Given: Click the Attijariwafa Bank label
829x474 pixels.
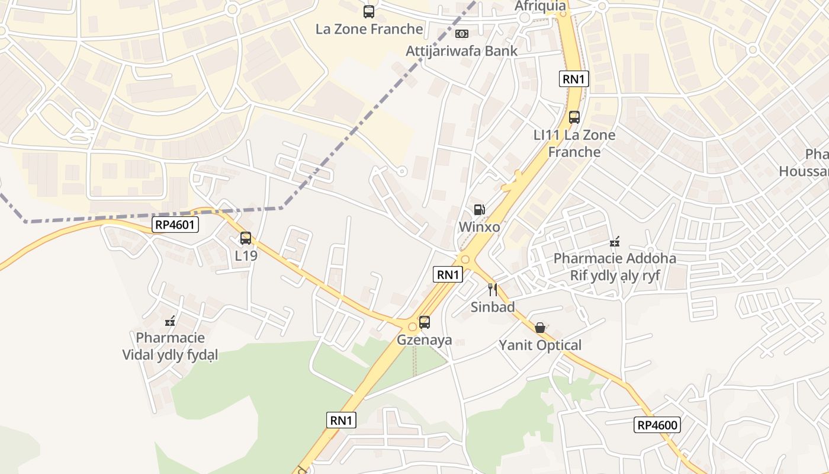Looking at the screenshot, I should [461, 51].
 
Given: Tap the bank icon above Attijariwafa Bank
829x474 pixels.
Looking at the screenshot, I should [462, 34].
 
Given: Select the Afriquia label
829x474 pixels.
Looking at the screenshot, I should [540, 7].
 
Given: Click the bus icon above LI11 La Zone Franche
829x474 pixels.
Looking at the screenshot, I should [574, 117].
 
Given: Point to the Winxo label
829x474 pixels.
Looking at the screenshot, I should [479, 227].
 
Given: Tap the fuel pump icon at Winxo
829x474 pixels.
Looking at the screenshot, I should [479, 210].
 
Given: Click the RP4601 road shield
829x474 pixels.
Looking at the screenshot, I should [175, 225].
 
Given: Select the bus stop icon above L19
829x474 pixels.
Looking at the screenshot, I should [246, 238].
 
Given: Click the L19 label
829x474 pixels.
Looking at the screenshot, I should [246, 256].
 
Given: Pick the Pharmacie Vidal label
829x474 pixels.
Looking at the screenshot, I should [170, 347].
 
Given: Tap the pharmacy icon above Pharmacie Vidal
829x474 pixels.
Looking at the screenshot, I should [170, 322].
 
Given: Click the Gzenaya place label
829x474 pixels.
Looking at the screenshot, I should [424, 340].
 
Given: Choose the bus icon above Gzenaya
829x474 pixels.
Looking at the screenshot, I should [425, 322].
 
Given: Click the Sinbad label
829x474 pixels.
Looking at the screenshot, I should [493, 307].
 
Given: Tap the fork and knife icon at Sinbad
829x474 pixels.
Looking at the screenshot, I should [493, 289].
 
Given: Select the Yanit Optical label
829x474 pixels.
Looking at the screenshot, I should [540, 345].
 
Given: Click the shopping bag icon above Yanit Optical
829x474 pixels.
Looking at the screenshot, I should [540, 328].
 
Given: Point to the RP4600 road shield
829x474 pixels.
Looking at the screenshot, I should [657, 425].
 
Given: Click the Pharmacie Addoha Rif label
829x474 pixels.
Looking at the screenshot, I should [615, 267].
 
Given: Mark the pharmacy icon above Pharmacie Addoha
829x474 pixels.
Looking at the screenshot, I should [615, 242].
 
